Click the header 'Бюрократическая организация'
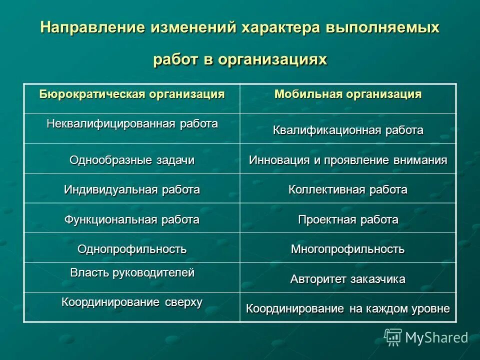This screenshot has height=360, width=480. pos(132,94)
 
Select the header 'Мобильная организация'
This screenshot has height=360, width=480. pos(348,94)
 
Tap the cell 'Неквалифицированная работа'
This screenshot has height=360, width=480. pos(132,123)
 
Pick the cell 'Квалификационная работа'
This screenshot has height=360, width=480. pos(348,130)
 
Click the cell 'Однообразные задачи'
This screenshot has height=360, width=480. pos(132,160)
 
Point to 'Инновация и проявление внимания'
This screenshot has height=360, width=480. pos(348,160)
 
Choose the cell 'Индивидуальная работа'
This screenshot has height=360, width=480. pos(132,189)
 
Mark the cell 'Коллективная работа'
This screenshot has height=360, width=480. pos(348,189)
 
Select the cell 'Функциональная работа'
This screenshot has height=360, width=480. pos(132,219)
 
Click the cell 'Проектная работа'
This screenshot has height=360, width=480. pos(348,219)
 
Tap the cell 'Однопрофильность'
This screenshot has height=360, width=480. pos(132,248)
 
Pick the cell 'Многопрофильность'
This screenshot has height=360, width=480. pos(348,248)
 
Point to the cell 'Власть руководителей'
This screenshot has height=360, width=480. pos(132,273)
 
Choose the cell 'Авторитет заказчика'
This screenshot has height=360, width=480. pos(348,279)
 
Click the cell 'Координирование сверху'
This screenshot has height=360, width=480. pos(132,302)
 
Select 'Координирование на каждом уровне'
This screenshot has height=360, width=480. pos(348,308)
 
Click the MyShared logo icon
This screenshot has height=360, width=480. pos(393,337)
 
